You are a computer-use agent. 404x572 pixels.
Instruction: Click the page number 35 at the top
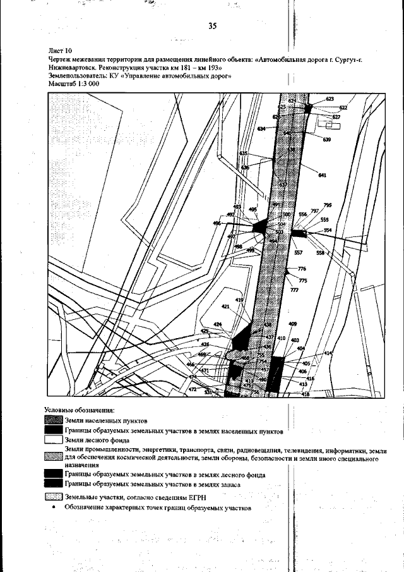[x=211, y=26]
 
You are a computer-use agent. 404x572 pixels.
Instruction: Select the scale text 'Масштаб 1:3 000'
[x=71, y=83]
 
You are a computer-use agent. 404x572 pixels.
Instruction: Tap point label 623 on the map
[x=330, y=99]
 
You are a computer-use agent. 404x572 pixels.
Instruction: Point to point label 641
[x=322, y=175]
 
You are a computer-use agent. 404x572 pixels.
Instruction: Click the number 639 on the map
[x=326, y=140]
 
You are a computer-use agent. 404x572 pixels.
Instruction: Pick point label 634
[x=261, y=129]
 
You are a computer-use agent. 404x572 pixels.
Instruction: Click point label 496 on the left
[x=217, y=223]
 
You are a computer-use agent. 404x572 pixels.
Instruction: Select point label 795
[x=327, y=205]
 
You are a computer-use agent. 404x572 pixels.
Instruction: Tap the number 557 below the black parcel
[x=299, y=253]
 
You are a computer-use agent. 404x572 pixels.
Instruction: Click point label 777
[x=294, y=289]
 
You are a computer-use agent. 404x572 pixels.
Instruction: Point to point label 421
[x=225, y=306]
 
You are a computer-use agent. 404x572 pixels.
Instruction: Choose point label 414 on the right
[x=327, y=353]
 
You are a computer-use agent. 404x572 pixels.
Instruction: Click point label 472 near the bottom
[x=193, y=390]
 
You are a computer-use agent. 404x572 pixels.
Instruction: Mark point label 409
[x=292, y=324]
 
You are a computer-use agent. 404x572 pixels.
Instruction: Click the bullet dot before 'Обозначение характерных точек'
[x=54, y=507]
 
